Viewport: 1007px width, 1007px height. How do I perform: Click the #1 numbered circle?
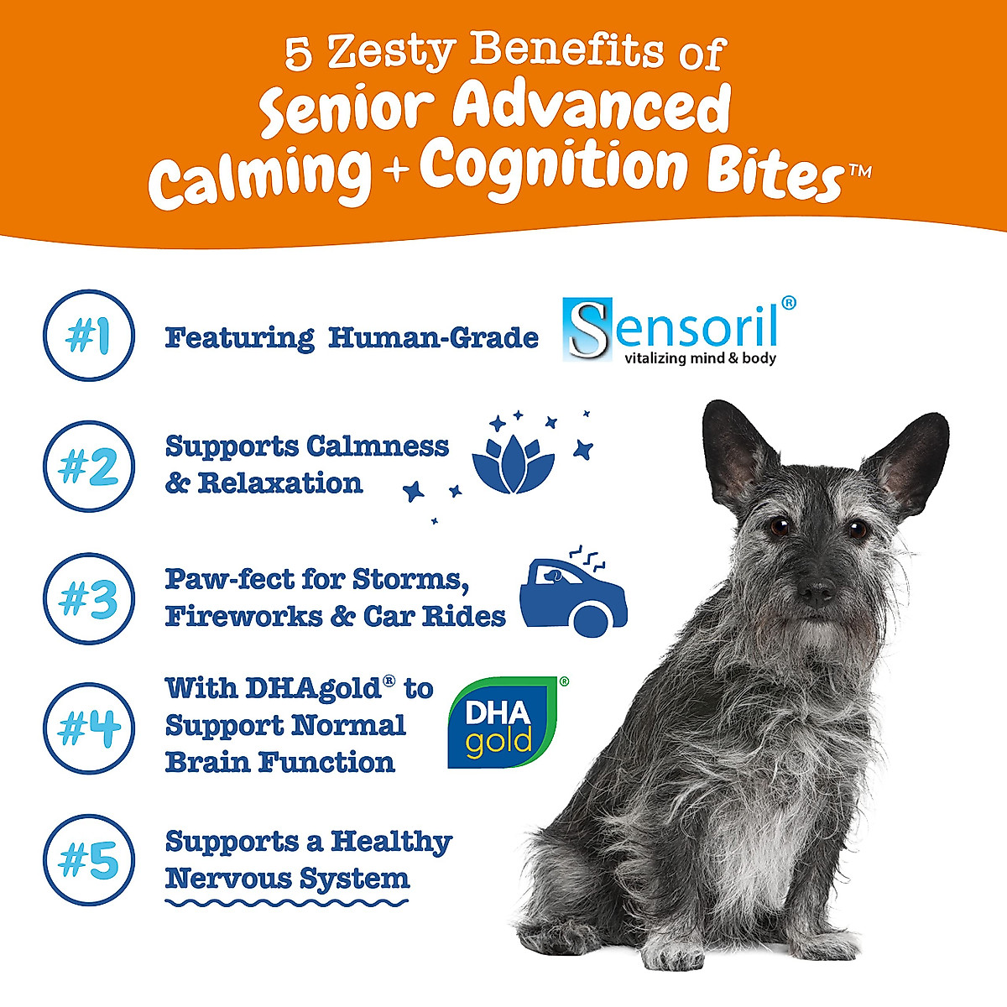(88, 336)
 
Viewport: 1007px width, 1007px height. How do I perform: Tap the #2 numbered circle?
(88, 467)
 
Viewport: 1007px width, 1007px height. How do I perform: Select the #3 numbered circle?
(88, 598)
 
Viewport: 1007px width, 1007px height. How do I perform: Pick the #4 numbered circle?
(88, 728)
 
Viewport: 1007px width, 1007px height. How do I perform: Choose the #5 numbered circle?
(88, 860)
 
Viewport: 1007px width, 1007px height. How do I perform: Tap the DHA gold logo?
(503, 723)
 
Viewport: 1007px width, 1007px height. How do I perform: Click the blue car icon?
(573, 596)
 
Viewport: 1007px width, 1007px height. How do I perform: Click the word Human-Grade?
(433, 337)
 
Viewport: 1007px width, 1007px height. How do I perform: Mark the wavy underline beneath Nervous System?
(286, 903)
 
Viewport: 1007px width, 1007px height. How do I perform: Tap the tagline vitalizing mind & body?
(700, 359)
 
